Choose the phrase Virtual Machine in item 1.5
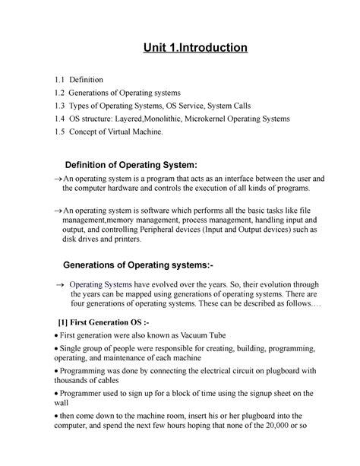click(x=143, y=132)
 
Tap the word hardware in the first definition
click(x=134, y=188)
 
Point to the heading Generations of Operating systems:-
click(x=142, y=264)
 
